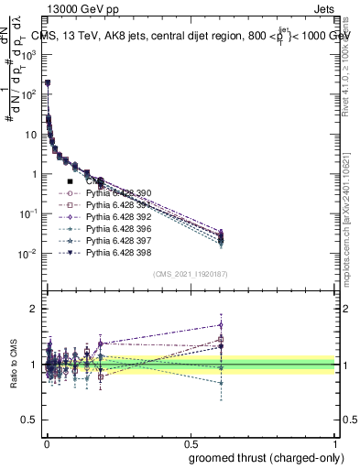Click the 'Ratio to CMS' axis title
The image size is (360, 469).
pyautogui.click(x=12, y=365)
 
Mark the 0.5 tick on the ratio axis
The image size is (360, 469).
pyautogui.click(x=30, y=421)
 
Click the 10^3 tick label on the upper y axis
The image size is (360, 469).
pyautogui.click(x=28, y=54)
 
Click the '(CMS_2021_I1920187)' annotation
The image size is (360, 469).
pyautogui.click(x=190, y=273)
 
